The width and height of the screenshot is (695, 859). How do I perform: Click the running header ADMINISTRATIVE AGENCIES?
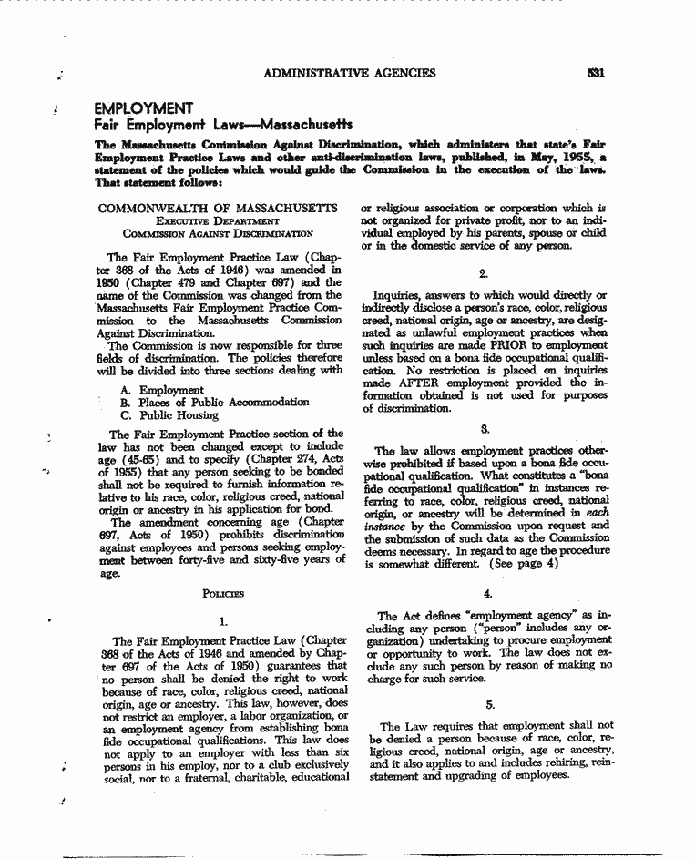(x=349, y=73)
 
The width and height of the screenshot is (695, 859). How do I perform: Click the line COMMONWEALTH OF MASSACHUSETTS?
(x=218, y=209)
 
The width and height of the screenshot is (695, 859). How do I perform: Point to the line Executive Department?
(x=217, y=221)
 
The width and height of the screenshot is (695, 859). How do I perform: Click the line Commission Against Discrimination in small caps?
(x=218, y=234)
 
